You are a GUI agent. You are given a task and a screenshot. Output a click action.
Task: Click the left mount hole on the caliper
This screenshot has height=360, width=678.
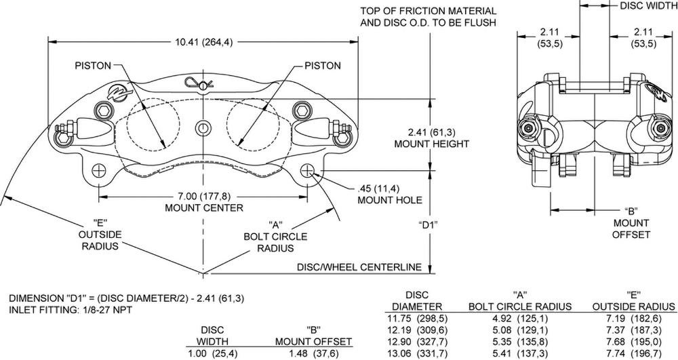pos(99,170)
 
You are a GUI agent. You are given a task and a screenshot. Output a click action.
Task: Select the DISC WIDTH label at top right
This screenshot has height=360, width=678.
pos(647,5)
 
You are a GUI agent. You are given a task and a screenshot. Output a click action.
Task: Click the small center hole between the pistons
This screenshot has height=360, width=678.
pos(203,127)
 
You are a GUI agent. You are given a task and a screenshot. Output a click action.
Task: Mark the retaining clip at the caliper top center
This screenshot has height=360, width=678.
pos(202,83)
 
